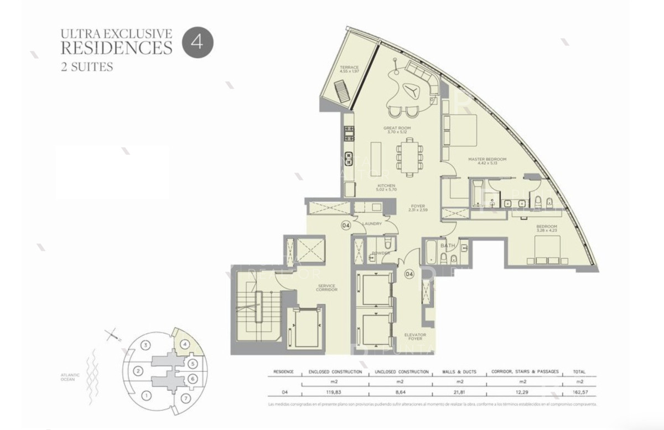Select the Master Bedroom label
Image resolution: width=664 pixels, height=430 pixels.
487,162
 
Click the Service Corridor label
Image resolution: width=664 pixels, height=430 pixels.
326,288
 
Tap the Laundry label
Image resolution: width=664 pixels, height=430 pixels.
370,224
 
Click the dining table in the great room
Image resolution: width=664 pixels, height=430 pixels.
411,156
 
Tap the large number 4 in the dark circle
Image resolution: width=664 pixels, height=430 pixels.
195,42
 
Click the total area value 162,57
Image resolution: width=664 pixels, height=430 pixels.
579,392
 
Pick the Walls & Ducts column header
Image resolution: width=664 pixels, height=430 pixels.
460,372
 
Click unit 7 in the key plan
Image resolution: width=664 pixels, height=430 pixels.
185,398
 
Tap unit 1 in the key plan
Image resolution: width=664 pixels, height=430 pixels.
146,395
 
